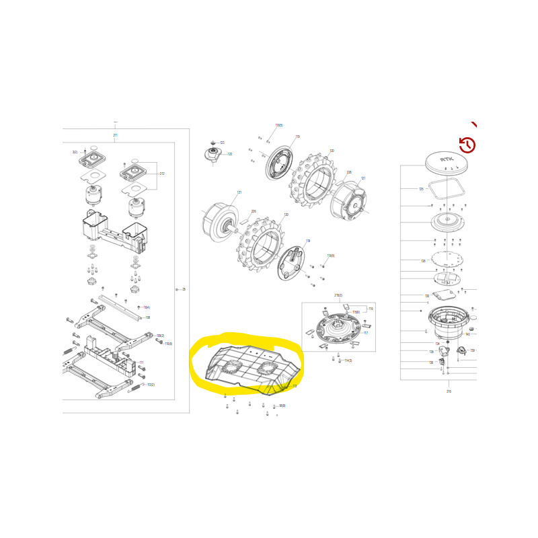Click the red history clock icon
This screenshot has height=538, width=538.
[467, 145]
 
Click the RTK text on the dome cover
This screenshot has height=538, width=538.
[447, 159]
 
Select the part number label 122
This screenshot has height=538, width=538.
[229, 154]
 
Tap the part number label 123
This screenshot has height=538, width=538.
[222, 143]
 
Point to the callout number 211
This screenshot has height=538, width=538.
[115, 135]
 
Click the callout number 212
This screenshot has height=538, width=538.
[162, 174]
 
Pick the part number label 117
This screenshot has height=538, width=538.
[366, 333]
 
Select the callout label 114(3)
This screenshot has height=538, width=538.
[348, 360]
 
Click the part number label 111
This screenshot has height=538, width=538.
[141, 362]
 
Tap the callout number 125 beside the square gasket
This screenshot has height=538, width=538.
[421, 189]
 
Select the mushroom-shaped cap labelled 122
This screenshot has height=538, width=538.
[214, 154]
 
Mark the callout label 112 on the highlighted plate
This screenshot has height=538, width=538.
[294, 386]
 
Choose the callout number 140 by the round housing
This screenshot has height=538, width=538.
[467, 334]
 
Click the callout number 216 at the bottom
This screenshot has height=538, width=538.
[449, 391]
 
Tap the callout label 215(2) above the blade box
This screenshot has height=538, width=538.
[338, 295]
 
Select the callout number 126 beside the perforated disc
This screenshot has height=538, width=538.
[423, 261]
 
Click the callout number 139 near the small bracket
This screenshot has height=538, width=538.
[472, 350]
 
